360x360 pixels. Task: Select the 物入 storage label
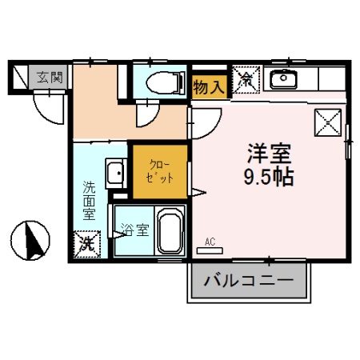tap(209, 86)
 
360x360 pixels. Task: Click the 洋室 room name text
tap(268, 153)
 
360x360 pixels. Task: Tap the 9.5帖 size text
tap(268, 176)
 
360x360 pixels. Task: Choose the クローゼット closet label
tap(158, 170)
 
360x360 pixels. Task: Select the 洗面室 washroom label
tap(90, 201)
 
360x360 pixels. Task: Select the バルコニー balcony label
tap(247, 282)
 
